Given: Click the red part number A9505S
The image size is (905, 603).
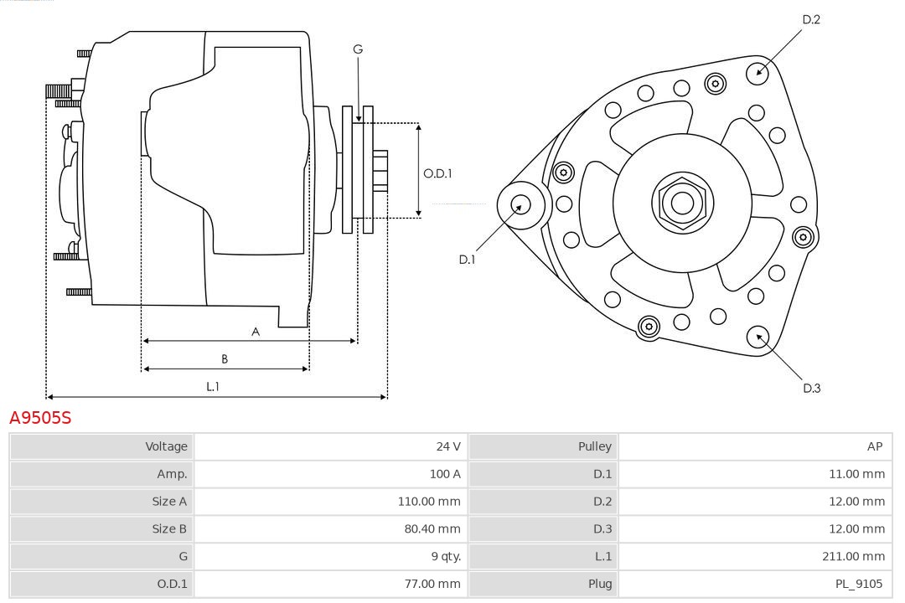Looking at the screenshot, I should pos(40,417).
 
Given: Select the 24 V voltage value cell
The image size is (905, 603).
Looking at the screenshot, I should pos(448,446).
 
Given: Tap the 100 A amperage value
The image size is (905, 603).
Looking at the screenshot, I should pos(444,474).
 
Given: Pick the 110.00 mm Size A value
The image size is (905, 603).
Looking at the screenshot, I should pos(429,501).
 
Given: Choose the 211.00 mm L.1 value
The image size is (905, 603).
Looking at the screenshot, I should pos(854,556).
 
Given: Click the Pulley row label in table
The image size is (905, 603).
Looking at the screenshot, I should pos(594,446).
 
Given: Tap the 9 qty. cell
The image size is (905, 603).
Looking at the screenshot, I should pos(445,556).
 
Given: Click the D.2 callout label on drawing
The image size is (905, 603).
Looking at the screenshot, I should pos(810,19).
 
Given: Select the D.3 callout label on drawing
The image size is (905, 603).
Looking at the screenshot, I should pos(811,388).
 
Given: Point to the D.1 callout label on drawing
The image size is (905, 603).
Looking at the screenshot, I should pos(467,260).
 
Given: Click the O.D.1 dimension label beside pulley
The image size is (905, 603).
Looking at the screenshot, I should pos(437,173).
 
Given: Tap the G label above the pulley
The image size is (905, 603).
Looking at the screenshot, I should pos(358,49).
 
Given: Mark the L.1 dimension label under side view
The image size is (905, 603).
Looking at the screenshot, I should pos(213,387).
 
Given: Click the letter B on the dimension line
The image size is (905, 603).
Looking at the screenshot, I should pos(225,359).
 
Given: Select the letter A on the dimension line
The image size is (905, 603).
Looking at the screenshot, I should pos(256,332).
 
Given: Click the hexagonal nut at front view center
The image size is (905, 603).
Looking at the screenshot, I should pos(682,203).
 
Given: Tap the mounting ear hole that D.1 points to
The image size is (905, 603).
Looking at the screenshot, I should pos(520,204).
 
